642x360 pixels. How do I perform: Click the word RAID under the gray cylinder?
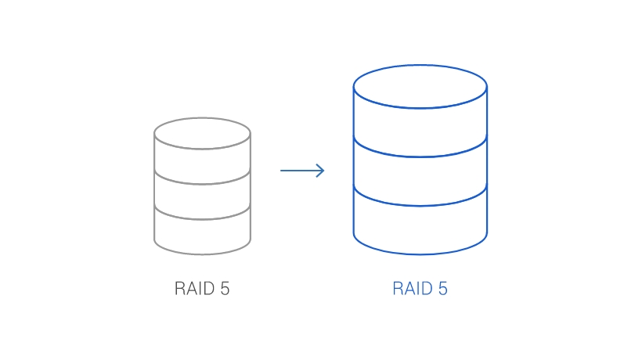tap(193, 289)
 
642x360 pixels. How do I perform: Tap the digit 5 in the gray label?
tap(225, 289)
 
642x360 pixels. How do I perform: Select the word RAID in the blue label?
tap(412, 289)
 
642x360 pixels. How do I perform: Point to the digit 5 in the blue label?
tap(443, 289)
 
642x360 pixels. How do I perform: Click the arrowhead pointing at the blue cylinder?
tap(320, 171)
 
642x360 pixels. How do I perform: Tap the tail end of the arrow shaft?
tap(283, 171)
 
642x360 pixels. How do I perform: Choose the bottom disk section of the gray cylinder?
tap(202, 232)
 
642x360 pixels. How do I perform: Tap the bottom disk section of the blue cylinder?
tap(420, 227)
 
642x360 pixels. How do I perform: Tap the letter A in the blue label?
tap(409, 289)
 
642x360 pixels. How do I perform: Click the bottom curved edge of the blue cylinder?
tap(420, 254)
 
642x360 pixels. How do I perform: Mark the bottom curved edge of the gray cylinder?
tap(202, 254)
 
